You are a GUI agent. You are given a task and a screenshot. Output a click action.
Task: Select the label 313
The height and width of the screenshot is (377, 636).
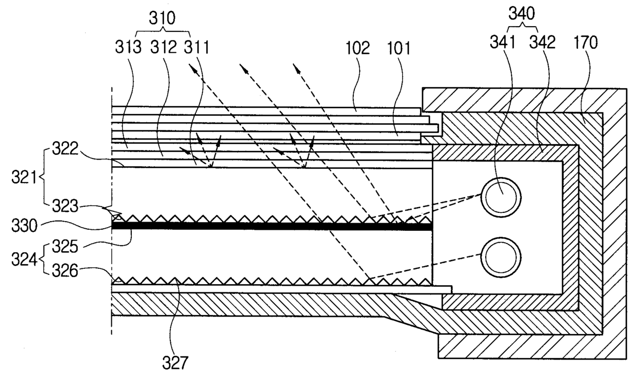(128, 48)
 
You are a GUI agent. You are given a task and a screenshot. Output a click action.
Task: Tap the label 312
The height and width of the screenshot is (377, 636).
(164, 48)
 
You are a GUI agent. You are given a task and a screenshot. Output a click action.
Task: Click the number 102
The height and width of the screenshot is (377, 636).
(357, 49)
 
